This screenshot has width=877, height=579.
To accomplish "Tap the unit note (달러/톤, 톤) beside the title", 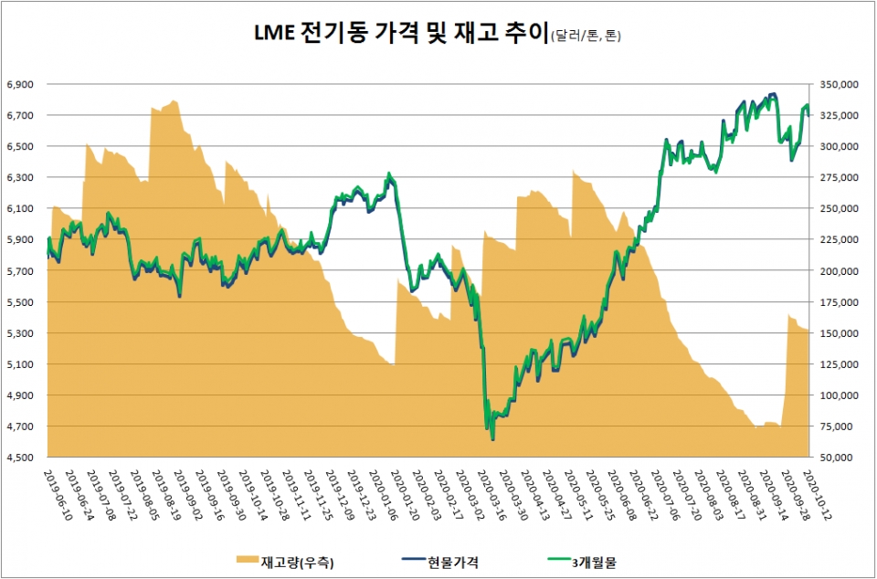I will (x=590, y=37).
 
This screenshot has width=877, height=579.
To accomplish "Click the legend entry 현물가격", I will (x=455, y=563).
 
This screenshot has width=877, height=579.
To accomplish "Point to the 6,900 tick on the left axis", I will (x=20, y=84).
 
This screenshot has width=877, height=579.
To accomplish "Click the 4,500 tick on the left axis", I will (x=20, y=458).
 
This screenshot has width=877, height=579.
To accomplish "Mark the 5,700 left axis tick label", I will (x=20, y=271).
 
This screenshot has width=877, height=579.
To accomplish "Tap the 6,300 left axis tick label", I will (x=20, y=177).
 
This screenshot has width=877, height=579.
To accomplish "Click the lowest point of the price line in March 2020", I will (x=492, y=439).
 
